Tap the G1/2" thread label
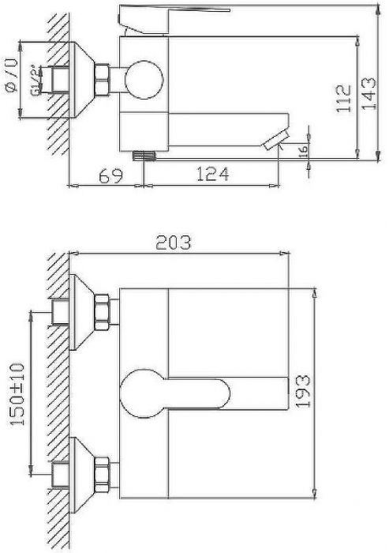tap(36, 81)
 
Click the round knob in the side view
tap(143, 79)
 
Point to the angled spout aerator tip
tap(275, 141)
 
